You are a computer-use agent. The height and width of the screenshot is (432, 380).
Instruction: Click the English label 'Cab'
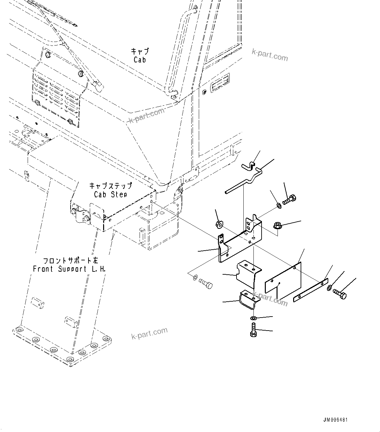pos(140,60)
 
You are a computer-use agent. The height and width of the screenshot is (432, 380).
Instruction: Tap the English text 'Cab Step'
pos(110,194)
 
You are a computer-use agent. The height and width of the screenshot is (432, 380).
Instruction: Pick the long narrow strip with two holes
pos(310,290)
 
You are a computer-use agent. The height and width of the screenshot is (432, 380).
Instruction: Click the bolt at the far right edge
pos(340,295)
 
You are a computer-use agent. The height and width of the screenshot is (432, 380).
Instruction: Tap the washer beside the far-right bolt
pos(329,287)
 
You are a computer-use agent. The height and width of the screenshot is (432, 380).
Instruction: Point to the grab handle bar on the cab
pos(179,49)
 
